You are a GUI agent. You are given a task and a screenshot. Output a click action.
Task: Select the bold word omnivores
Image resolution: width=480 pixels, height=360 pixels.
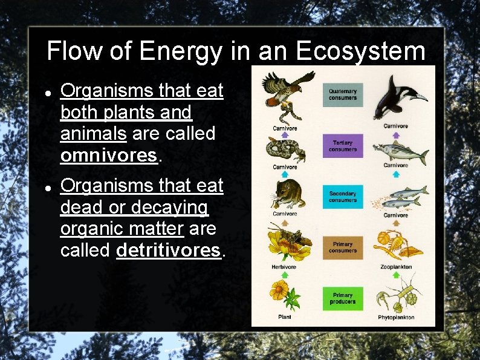[109, 155]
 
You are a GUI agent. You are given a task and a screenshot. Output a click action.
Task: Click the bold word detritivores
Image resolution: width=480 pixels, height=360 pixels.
[169, 250]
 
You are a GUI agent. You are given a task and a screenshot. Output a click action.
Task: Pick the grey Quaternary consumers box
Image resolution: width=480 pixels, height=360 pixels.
[343, 94]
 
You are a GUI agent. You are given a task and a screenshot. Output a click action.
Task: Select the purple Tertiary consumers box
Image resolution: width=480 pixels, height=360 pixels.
[343, 146]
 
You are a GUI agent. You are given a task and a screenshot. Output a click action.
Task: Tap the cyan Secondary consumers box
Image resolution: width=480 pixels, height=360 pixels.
[343, 197]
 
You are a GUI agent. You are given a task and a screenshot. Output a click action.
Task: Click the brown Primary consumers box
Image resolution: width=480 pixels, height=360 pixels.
[343, 247]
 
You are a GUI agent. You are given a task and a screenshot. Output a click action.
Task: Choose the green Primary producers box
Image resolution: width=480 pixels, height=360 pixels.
[343, 298]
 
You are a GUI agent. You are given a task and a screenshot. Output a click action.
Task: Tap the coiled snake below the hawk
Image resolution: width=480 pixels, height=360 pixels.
[285, 149]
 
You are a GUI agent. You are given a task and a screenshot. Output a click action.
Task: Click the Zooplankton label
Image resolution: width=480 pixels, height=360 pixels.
[396, 267]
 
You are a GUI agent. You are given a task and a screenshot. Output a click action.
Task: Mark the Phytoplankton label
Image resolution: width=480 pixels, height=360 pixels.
[396, 317]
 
